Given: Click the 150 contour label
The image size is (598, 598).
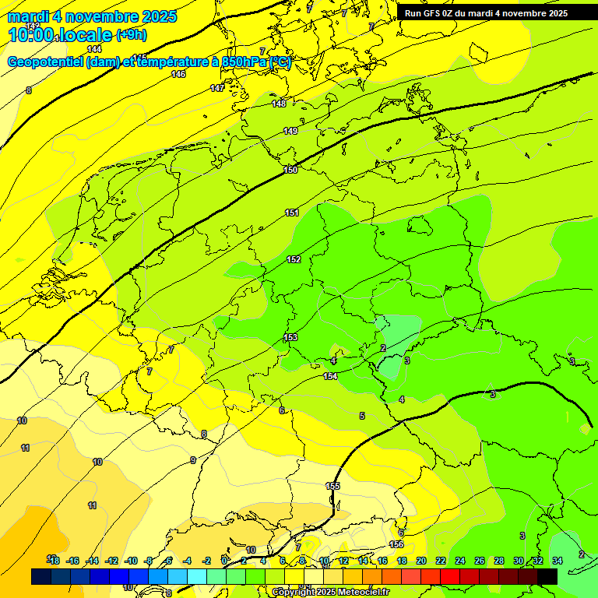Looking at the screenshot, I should tap(290, 170).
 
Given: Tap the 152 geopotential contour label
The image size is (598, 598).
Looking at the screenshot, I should tap(294, 259).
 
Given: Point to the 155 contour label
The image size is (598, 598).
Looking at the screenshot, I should tap(332, 486).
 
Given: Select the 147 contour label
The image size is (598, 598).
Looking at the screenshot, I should tap(217, 88).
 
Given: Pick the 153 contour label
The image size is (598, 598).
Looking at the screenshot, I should tap(290, 337).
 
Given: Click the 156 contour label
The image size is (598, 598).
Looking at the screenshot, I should tap(396, 544).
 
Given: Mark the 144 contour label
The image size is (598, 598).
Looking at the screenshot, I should tap(94, 49).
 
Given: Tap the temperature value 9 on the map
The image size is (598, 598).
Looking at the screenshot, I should tap(193, 460).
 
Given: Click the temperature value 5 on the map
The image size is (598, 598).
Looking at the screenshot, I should tap(362, 416).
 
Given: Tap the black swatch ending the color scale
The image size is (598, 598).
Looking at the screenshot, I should tap(547, 575).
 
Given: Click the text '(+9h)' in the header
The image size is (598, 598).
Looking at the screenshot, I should tap(130, 34).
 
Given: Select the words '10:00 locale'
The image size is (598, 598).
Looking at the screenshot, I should tap(60, 35).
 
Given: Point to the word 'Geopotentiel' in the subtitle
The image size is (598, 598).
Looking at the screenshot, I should tap(44, 62).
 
